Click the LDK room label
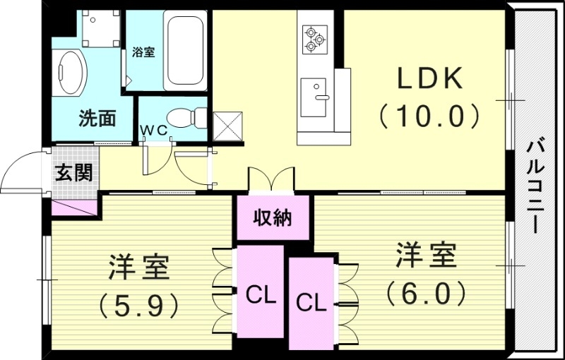[x=429, y=79]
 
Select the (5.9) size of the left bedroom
[x=138, y=304]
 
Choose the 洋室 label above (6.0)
[x=425, y=254]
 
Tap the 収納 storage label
[x=273, y=218]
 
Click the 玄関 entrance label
[x=73, y=172]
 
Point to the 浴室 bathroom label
[x=143, y=52]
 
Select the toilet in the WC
[x=190, y=116]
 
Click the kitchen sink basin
[x=313, y=97]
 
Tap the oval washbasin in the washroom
[x=71, y=71]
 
